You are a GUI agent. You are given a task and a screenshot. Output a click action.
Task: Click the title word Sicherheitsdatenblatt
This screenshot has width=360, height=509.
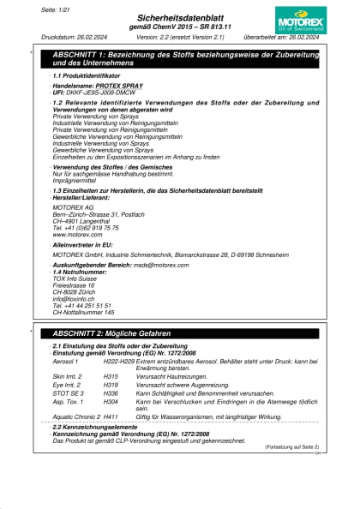pyautogui.click(x=180, y=16)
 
